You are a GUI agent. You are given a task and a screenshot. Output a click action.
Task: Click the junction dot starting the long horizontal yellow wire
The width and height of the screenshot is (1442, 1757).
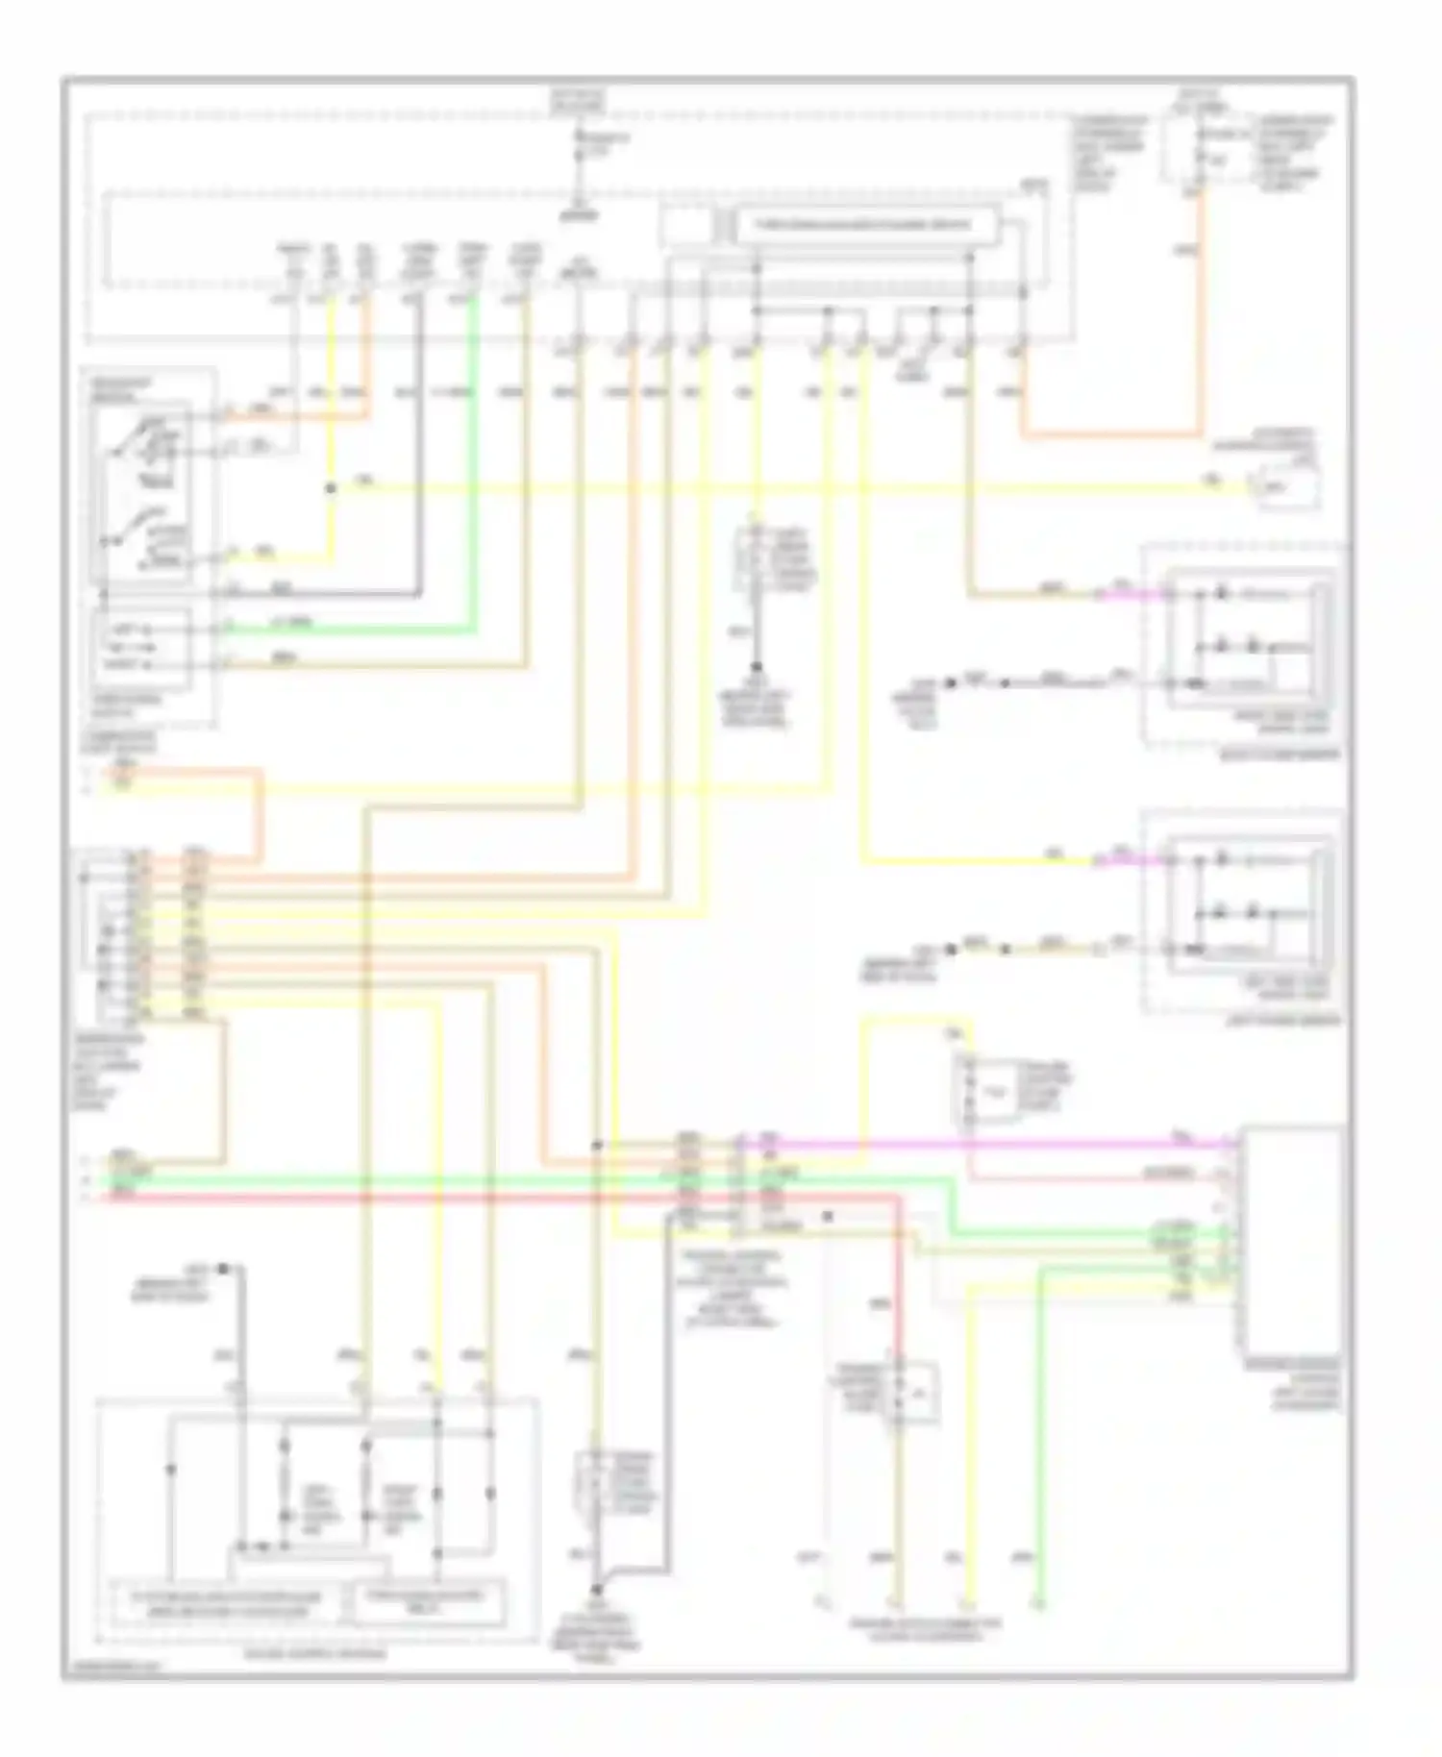pos(331,488)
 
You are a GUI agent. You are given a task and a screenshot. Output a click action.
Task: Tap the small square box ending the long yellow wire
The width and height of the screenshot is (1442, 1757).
pos(1284,488)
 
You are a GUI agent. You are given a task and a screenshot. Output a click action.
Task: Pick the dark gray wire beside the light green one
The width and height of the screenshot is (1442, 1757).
pos(420,461)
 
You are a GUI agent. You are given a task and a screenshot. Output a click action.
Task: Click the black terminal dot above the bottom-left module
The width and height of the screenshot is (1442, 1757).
pos(222,1269)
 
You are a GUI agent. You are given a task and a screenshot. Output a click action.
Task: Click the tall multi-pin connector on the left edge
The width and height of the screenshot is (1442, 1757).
pos(117,932)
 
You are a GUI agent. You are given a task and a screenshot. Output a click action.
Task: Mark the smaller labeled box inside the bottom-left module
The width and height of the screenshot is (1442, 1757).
pos(424,1600)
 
